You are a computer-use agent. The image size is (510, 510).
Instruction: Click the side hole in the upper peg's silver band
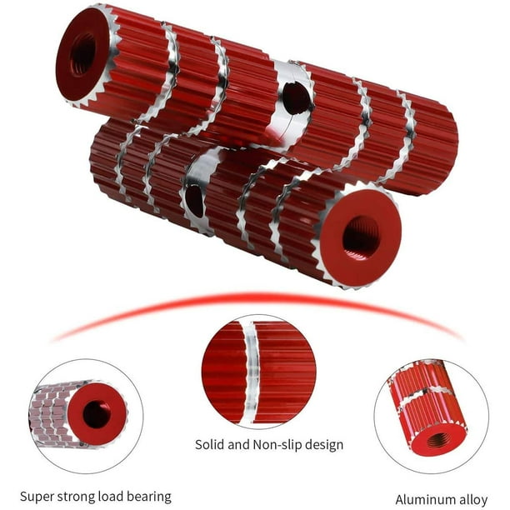(x=296, y=98)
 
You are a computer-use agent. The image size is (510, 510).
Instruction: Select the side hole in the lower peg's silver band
(x=194, y=200)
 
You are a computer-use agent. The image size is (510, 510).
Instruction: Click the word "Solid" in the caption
(x=209, y=444)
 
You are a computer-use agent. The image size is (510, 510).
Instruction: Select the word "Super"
(x=37, y=497)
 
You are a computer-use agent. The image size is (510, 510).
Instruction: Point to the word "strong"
(x=76, y=497)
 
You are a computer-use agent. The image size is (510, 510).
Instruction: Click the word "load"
(x=111, y=497)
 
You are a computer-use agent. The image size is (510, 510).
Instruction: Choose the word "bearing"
(x=149, y=497)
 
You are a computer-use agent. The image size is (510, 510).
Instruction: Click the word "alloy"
(x=471, y=500)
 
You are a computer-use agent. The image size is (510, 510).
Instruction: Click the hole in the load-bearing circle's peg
(x=96, y=414)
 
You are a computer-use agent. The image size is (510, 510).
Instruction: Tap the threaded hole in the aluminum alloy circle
(x=437, y=441)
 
